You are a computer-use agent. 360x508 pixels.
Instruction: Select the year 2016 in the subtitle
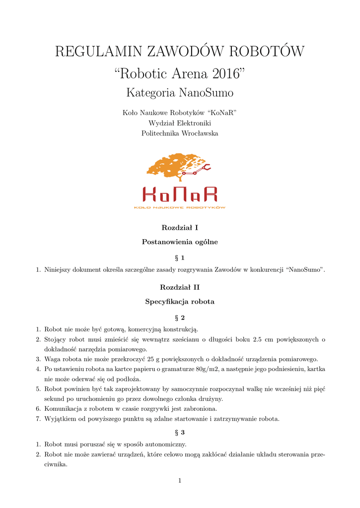point(227,74)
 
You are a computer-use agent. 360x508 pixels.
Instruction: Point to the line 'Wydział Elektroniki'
point(180,123)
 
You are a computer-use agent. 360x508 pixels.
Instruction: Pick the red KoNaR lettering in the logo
point(180,194)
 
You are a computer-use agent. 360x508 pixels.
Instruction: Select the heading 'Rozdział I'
point(180,228)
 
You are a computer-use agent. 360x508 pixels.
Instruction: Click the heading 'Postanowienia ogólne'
point(180,242)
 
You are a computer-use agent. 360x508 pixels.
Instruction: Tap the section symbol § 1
point(180,257)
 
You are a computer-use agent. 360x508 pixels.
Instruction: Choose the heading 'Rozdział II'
point(180,287)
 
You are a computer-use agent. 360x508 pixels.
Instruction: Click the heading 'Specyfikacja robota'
point(180,301)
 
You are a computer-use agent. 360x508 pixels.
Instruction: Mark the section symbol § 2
point(180,317)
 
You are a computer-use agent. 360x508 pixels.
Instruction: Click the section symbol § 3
point(180,433)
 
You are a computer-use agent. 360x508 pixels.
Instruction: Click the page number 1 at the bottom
point(180,480)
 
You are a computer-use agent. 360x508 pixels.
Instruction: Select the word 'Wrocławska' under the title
point(199,133)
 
